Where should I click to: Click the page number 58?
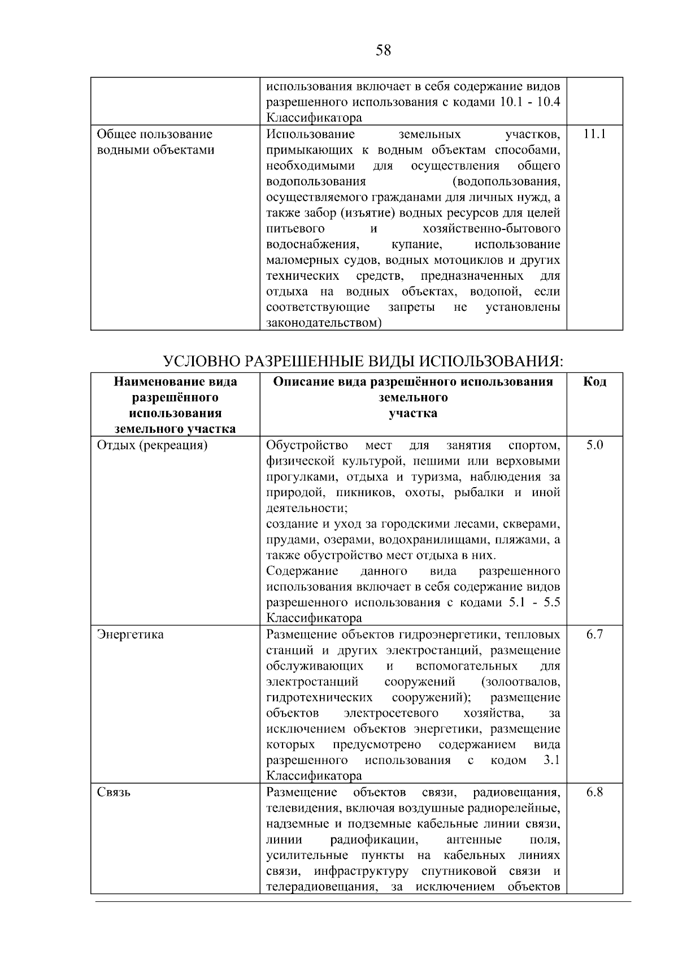383,51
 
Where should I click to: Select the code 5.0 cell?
594,445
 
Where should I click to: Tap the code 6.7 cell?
594,634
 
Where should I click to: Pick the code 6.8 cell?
594,792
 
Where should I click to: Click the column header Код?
594,382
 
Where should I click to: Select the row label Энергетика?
131,634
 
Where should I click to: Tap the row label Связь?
114,792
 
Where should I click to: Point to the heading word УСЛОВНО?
197,361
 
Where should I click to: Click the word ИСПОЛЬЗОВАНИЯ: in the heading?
492,361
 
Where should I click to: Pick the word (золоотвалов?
521,682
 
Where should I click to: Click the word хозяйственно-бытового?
491,229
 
